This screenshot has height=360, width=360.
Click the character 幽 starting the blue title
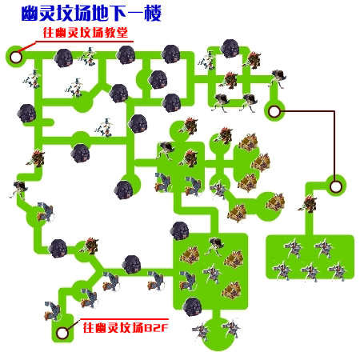pos(30,14)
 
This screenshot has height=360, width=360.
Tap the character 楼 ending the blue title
pos(153,14)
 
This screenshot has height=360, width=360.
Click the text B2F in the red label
pos(156,327)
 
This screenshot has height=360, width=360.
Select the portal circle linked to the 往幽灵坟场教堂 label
pos(15,57)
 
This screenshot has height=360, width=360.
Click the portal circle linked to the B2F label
pos(62,333)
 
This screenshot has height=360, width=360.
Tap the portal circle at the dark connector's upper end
pos(274,111)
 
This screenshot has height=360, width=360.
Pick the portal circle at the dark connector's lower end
pos(336,186)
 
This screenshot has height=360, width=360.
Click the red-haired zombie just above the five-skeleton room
pos(308,204)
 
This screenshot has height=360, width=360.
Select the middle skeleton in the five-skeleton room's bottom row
pos(310,272)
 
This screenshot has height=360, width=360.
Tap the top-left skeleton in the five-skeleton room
pos(294,248)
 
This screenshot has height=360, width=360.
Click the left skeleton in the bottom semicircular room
pos(202,332)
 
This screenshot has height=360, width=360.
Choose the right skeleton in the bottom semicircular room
pos(231,329)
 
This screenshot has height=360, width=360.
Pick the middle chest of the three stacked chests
pos(261,162)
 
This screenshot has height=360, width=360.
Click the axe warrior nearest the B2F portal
pos(53,311)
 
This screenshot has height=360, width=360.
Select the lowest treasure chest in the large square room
pos(231,290)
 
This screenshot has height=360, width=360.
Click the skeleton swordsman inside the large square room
pos(213,274)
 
